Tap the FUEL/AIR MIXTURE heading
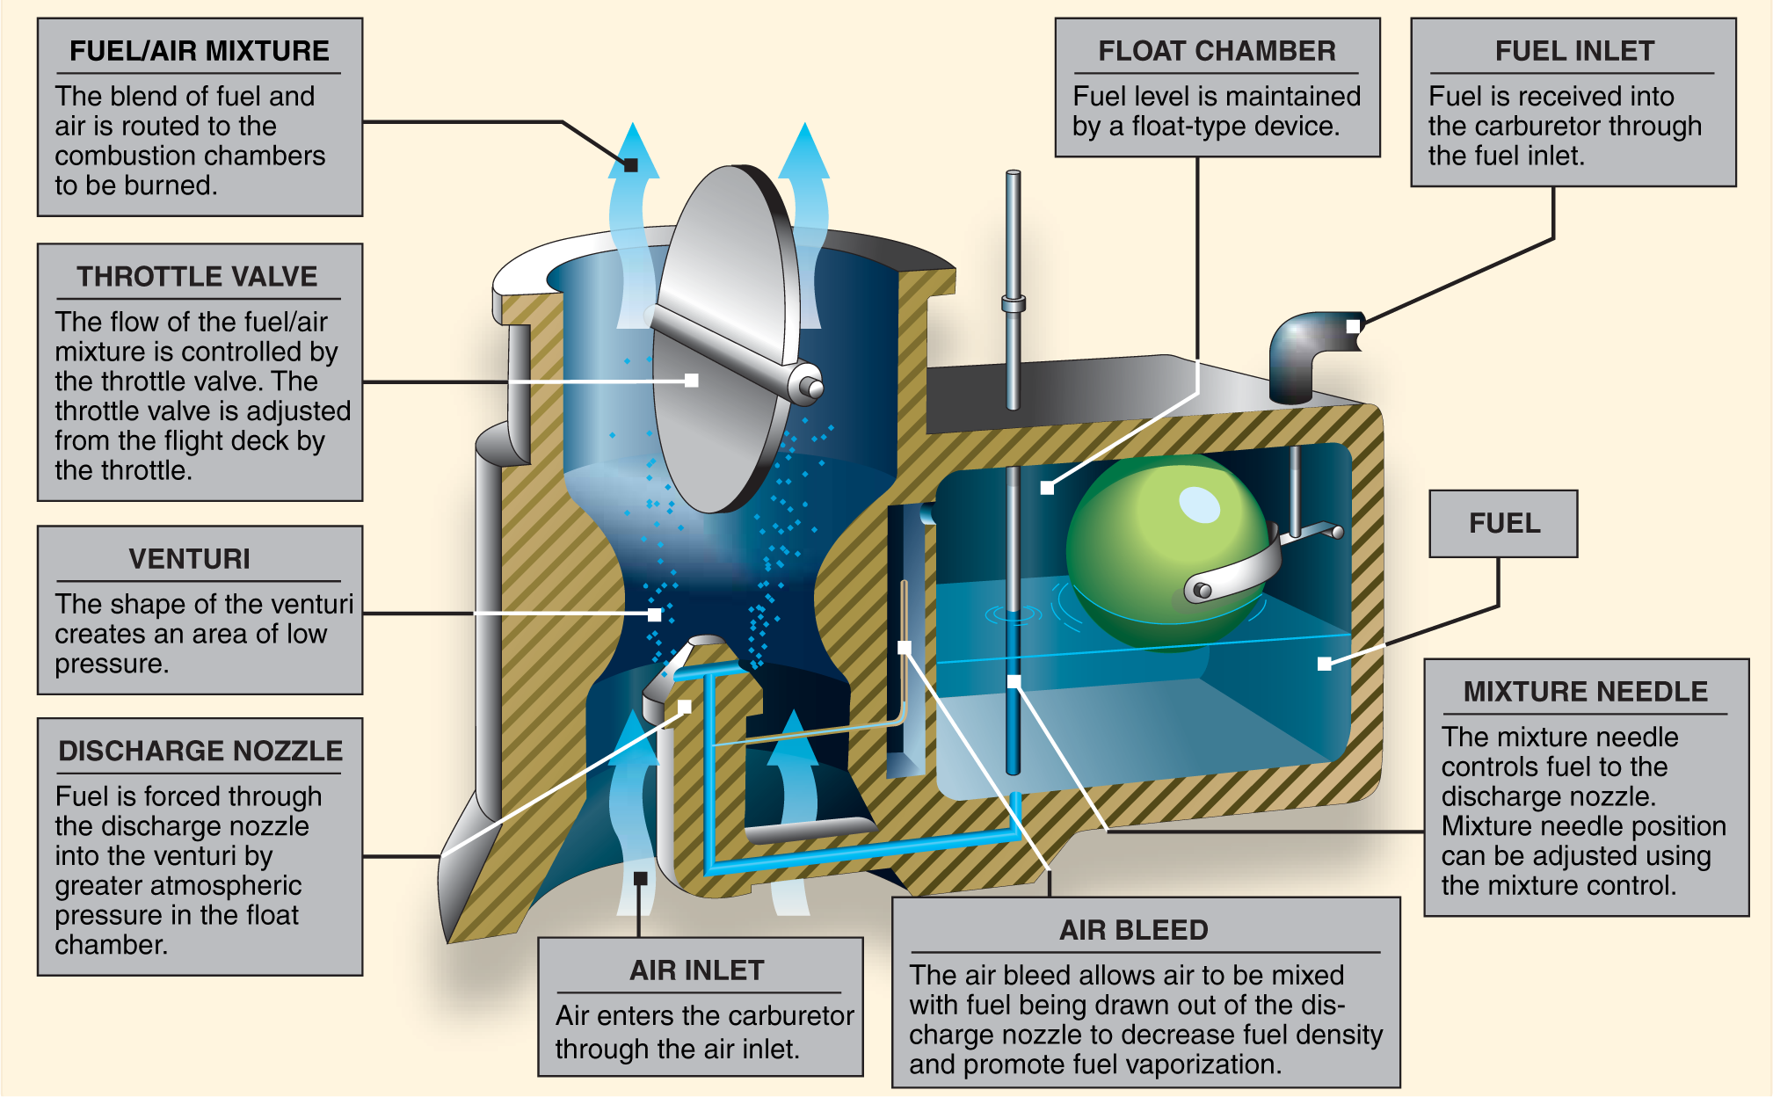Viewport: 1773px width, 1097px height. [x=200, y=51]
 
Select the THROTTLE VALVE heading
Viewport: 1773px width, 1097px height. [x=197, y=277]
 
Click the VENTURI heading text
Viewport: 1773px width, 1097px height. [x=190, y=559]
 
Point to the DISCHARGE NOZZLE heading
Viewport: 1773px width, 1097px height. [x=200, y=751]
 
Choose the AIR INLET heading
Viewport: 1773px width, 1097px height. [x=697, y=970]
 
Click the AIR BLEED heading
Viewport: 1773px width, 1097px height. [x=1134, y=930]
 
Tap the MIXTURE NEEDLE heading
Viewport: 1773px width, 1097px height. [x=1586, y=692]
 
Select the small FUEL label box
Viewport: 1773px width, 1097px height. [x=1504, y=524]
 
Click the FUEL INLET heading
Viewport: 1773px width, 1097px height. [x=1574, y=51]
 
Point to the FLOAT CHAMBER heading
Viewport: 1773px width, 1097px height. [x=1217, y=51]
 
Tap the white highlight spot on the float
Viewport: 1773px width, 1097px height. [x=1199, y=505]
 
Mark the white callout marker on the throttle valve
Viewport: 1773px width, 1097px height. [x=692, y=381]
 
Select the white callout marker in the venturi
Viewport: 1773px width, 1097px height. [x=654, y=614]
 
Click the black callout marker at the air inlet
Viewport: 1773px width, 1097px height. [x=640, y=878]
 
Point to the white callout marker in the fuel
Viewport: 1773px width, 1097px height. [x=1324, y=664]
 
